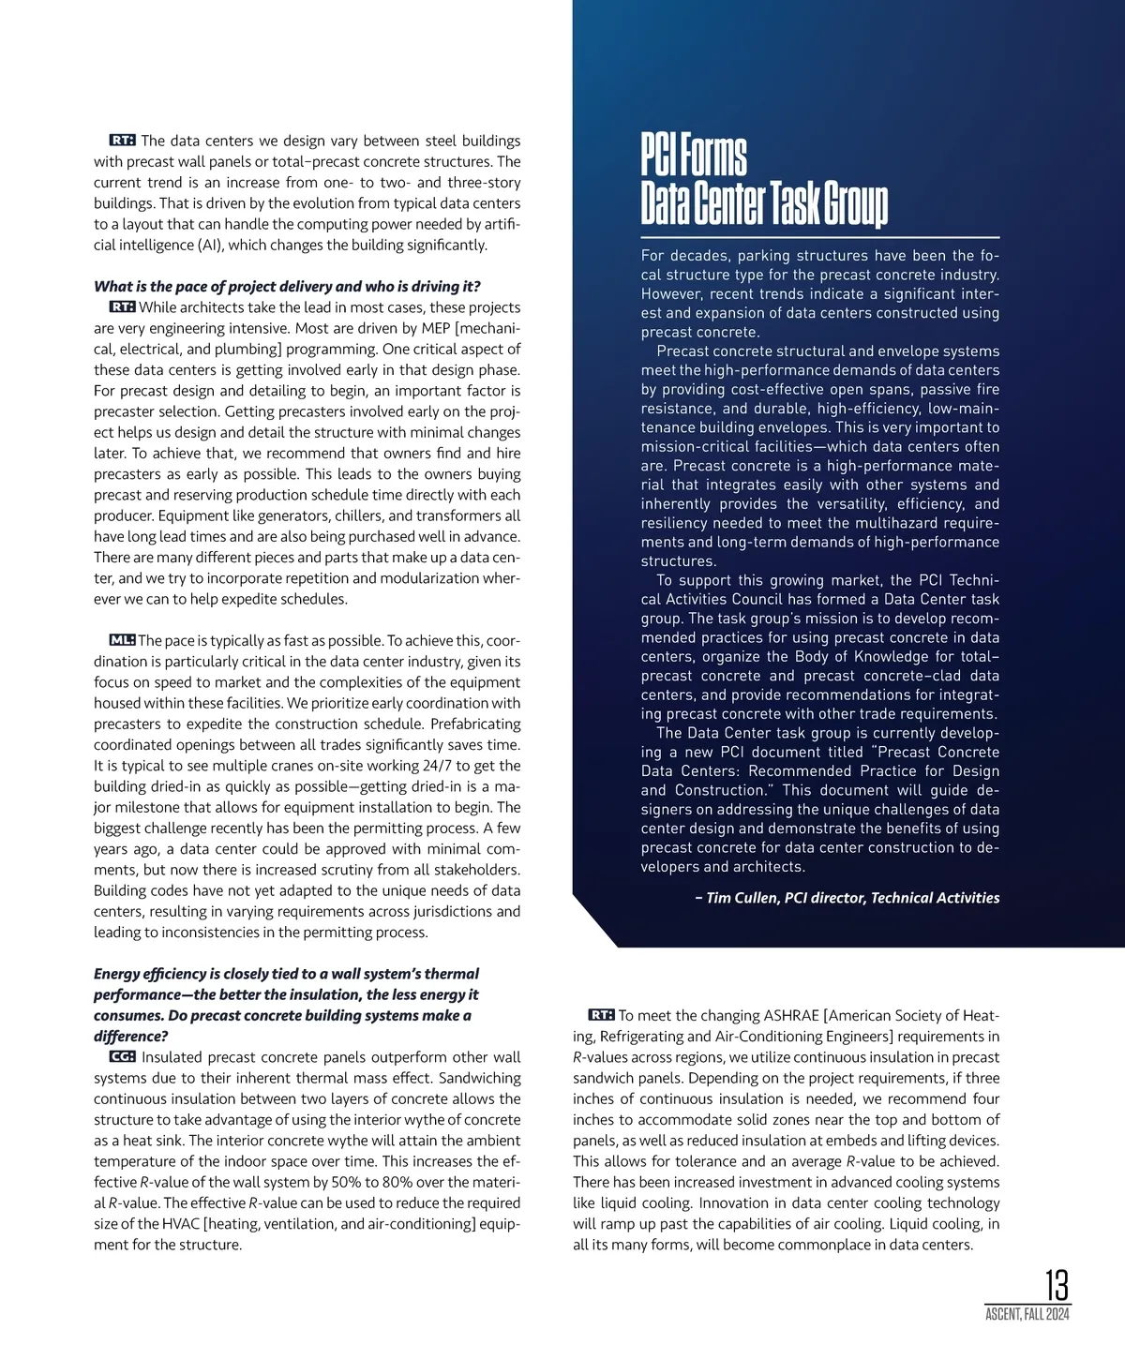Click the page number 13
pyautogui.click(x=1057, y=1284)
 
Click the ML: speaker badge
pyautogui.click(x=123, y=640)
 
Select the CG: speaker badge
pyautogui.click(x=123, y=1057)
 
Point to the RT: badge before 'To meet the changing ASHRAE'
pyautogui.click(x=601, y=1015)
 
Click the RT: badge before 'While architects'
pyautogui.click(x=123, y=307)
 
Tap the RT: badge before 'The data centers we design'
pyautogui.click(x=123, y=141)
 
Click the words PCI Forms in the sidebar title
pyautogui.click(x=694, y=156)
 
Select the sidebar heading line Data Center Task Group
pyautogui.click(x=764, y=204)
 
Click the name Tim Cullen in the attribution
pyautogui.click(x=741, y=898)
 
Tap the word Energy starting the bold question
pyautogui.click(x=117, y=974)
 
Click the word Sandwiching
pyautogui.click(x=480, y=1078)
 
